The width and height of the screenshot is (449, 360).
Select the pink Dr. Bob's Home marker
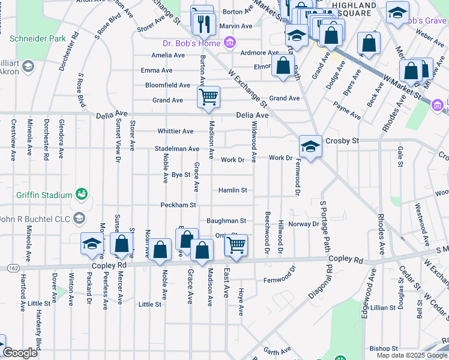click(x=229, y=43)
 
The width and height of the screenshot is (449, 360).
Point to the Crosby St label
click(x=342, y=140)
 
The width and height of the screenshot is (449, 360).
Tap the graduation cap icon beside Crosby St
click(x=309, y=146)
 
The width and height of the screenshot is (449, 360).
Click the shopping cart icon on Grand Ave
click(x=208, y=97)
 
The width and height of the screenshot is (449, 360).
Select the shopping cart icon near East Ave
click(x=235, y=245)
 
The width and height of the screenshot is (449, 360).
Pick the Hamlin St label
click(x=232, y=190)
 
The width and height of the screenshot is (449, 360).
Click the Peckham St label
click(x=178, y=205)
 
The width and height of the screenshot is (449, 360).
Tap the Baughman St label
click(x=226, y=221)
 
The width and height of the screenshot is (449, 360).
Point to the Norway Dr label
click(x=303, y=224)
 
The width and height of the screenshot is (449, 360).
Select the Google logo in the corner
click(x=20, y=353)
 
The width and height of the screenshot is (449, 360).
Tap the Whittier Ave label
click(x=175, y=131)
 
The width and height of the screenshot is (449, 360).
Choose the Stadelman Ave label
click(x=176, y=148)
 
